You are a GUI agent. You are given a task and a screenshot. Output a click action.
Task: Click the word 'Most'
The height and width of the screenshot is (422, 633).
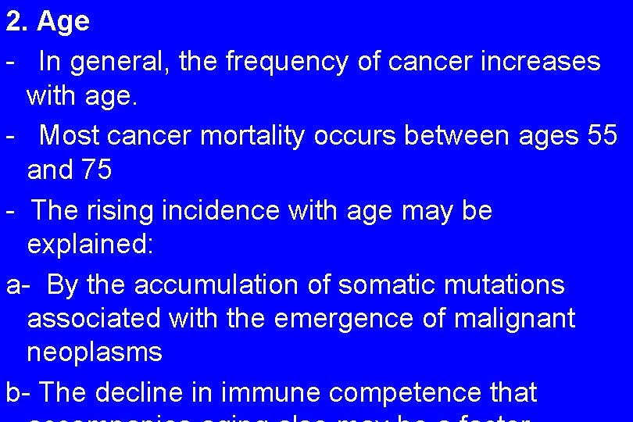point(70,136)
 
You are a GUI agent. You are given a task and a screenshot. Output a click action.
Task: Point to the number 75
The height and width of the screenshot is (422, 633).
point(97,170)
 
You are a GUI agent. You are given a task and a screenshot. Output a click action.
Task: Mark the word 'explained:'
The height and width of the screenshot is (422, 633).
point(91,245)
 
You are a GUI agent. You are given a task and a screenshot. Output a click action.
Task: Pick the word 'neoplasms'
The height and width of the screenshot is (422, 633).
point(95,352)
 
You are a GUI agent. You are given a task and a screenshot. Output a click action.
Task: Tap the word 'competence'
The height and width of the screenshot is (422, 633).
point(401,392)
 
